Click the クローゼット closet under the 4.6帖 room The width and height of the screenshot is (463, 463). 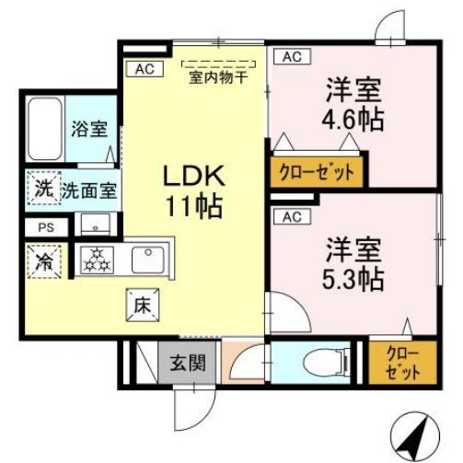[x=314, y=172]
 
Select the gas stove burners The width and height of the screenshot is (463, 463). [x=96, y=260]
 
